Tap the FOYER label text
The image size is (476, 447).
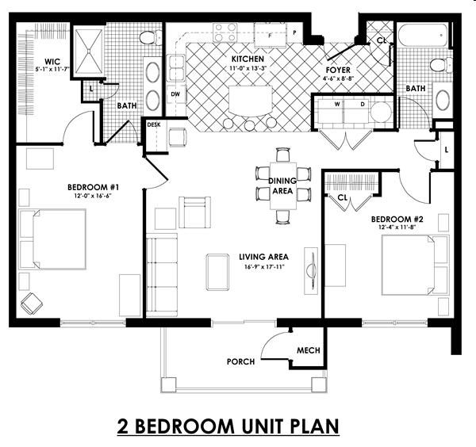click(x=338, y=70)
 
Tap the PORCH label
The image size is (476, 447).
click(x=240, y=361)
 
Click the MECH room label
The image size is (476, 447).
click(x=308, y=350)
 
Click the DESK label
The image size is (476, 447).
click(x=153, y=124)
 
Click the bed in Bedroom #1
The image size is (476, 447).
click(x=54, y=238)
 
